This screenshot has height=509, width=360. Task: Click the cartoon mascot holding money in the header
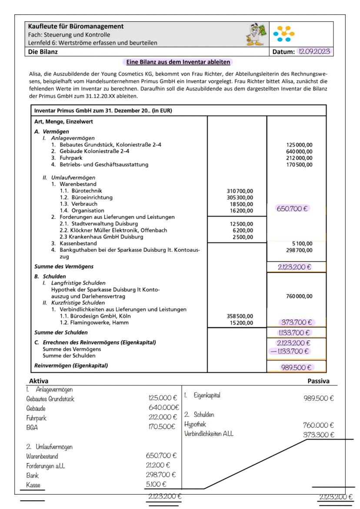click(257, 36)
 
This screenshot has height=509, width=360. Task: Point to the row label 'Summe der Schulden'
click(58, 333)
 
